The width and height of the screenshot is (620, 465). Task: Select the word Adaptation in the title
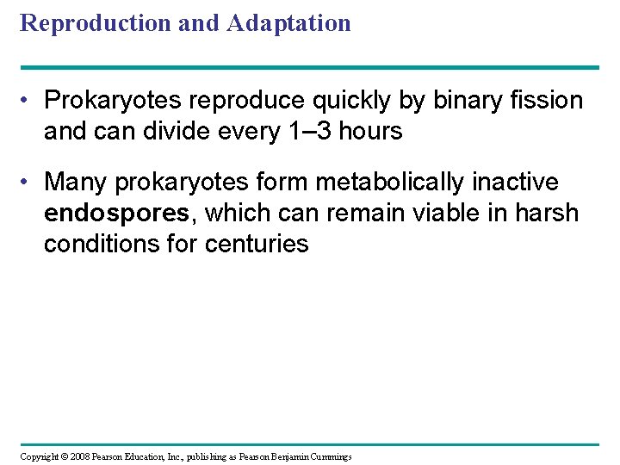coord(289,22)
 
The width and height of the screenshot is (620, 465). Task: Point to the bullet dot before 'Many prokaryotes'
coord(29,183)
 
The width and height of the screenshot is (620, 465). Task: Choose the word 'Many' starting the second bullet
coord(74,182)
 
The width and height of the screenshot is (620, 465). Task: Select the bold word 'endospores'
coord(115,213)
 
